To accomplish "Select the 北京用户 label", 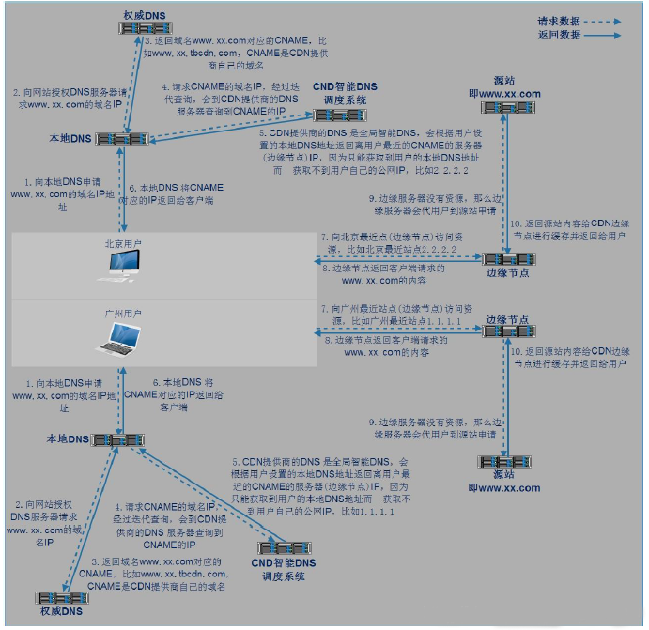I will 123,242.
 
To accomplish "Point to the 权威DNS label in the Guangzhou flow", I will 59,611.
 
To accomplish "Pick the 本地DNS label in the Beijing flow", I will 71,139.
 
